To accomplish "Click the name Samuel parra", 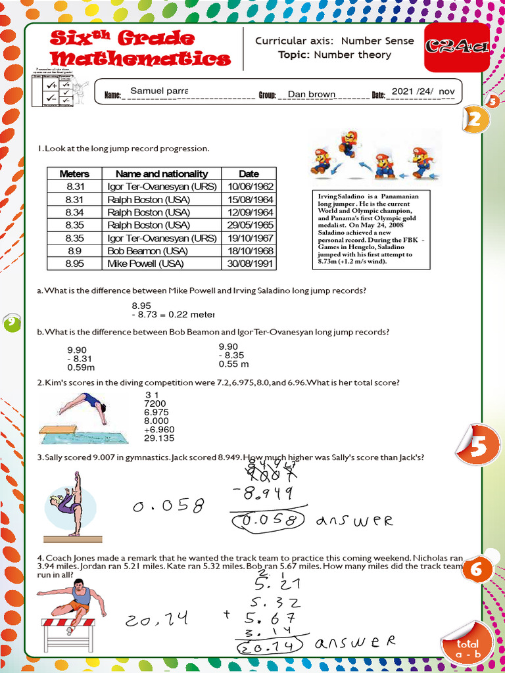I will pyautogui.click(x=159, y=90).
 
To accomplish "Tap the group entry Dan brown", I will pyautogui.click(x=312, y=94).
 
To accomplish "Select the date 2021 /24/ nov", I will pyautogui.click(x=422, y=91).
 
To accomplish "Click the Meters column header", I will pyautogui.click(x=74, y=174).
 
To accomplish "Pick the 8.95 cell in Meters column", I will pyautogui.click(x=74, y=264).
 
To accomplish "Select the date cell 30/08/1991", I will pyautogui.click(x=249, y=264).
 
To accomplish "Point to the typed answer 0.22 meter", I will pyautogui.click(x=191, y=314).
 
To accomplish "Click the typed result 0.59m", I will pyautogui.click(x=81, y=368).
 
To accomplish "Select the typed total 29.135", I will pyautogui.click(x=159, y=438).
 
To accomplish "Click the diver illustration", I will pyautogui.click(x=78, y=415).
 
